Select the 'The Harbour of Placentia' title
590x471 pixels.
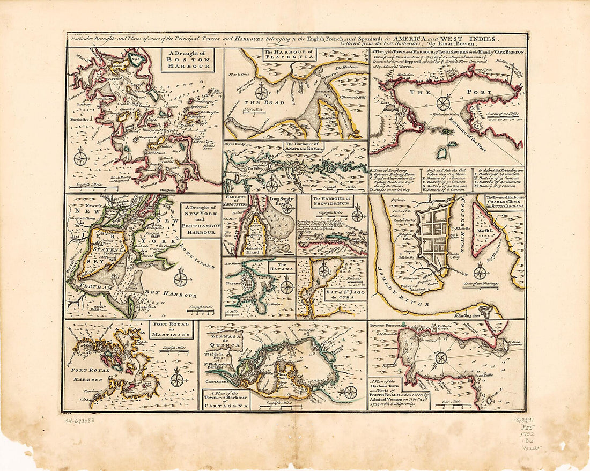point(289,55)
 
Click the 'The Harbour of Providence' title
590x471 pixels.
point(332,201)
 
